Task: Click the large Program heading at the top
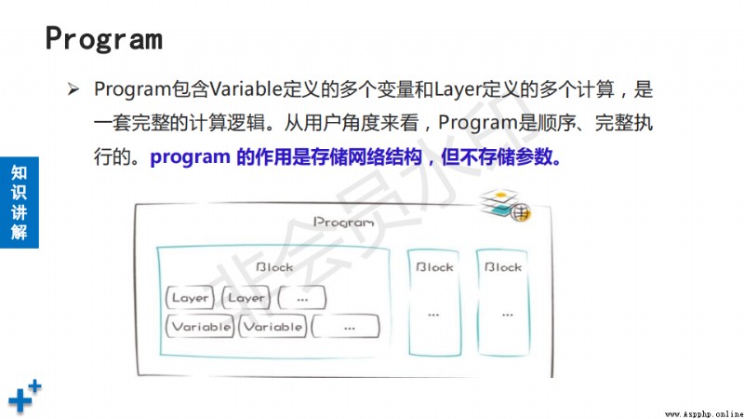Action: click(x=104, y=39)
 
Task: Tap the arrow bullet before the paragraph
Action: click(x=73, y=88)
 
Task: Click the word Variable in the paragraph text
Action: click(x=246, y=88)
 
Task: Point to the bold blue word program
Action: click(x=190, y=156)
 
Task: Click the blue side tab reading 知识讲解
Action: click(x=20, y=202)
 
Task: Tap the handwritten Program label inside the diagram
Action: click(x=343, y=222)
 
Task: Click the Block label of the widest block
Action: click(x=274, y=267)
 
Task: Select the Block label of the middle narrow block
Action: click(x=434, y=267)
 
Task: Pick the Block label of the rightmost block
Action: click(x=503, y=267)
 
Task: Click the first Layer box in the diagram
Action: click(x=190, y=298)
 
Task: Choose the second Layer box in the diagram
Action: click(x=246, y=298)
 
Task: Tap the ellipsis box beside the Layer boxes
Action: click(x=302, y=298)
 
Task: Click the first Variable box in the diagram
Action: click(x=200, y=327)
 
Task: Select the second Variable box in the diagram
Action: click(x=272, y=327)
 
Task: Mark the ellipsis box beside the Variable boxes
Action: click(x=346, y=327)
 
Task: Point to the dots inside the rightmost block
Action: click(x=507, y=315)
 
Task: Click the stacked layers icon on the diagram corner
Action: click(x=504, y=205)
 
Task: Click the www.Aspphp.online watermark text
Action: click(x=704, y=414)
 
